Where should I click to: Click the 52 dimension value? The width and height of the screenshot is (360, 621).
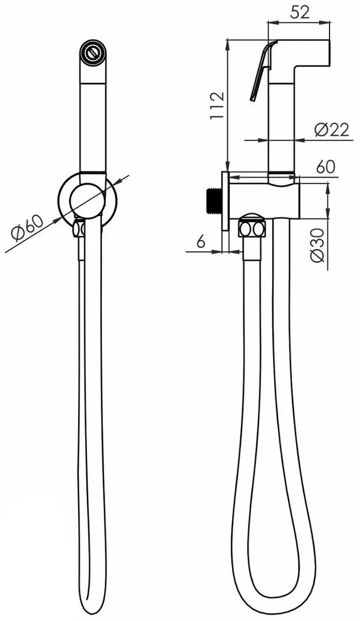point(299,12)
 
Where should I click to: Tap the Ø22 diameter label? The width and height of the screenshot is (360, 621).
point(332,130)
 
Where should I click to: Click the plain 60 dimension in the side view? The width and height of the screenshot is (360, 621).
point(325,167)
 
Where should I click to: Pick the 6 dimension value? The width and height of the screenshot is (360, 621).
point(200,242)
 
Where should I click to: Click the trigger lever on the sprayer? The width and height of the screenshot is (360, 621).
point(259,72)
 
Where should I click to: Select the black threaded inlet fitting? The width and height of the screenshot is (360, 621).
point(213,198)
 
